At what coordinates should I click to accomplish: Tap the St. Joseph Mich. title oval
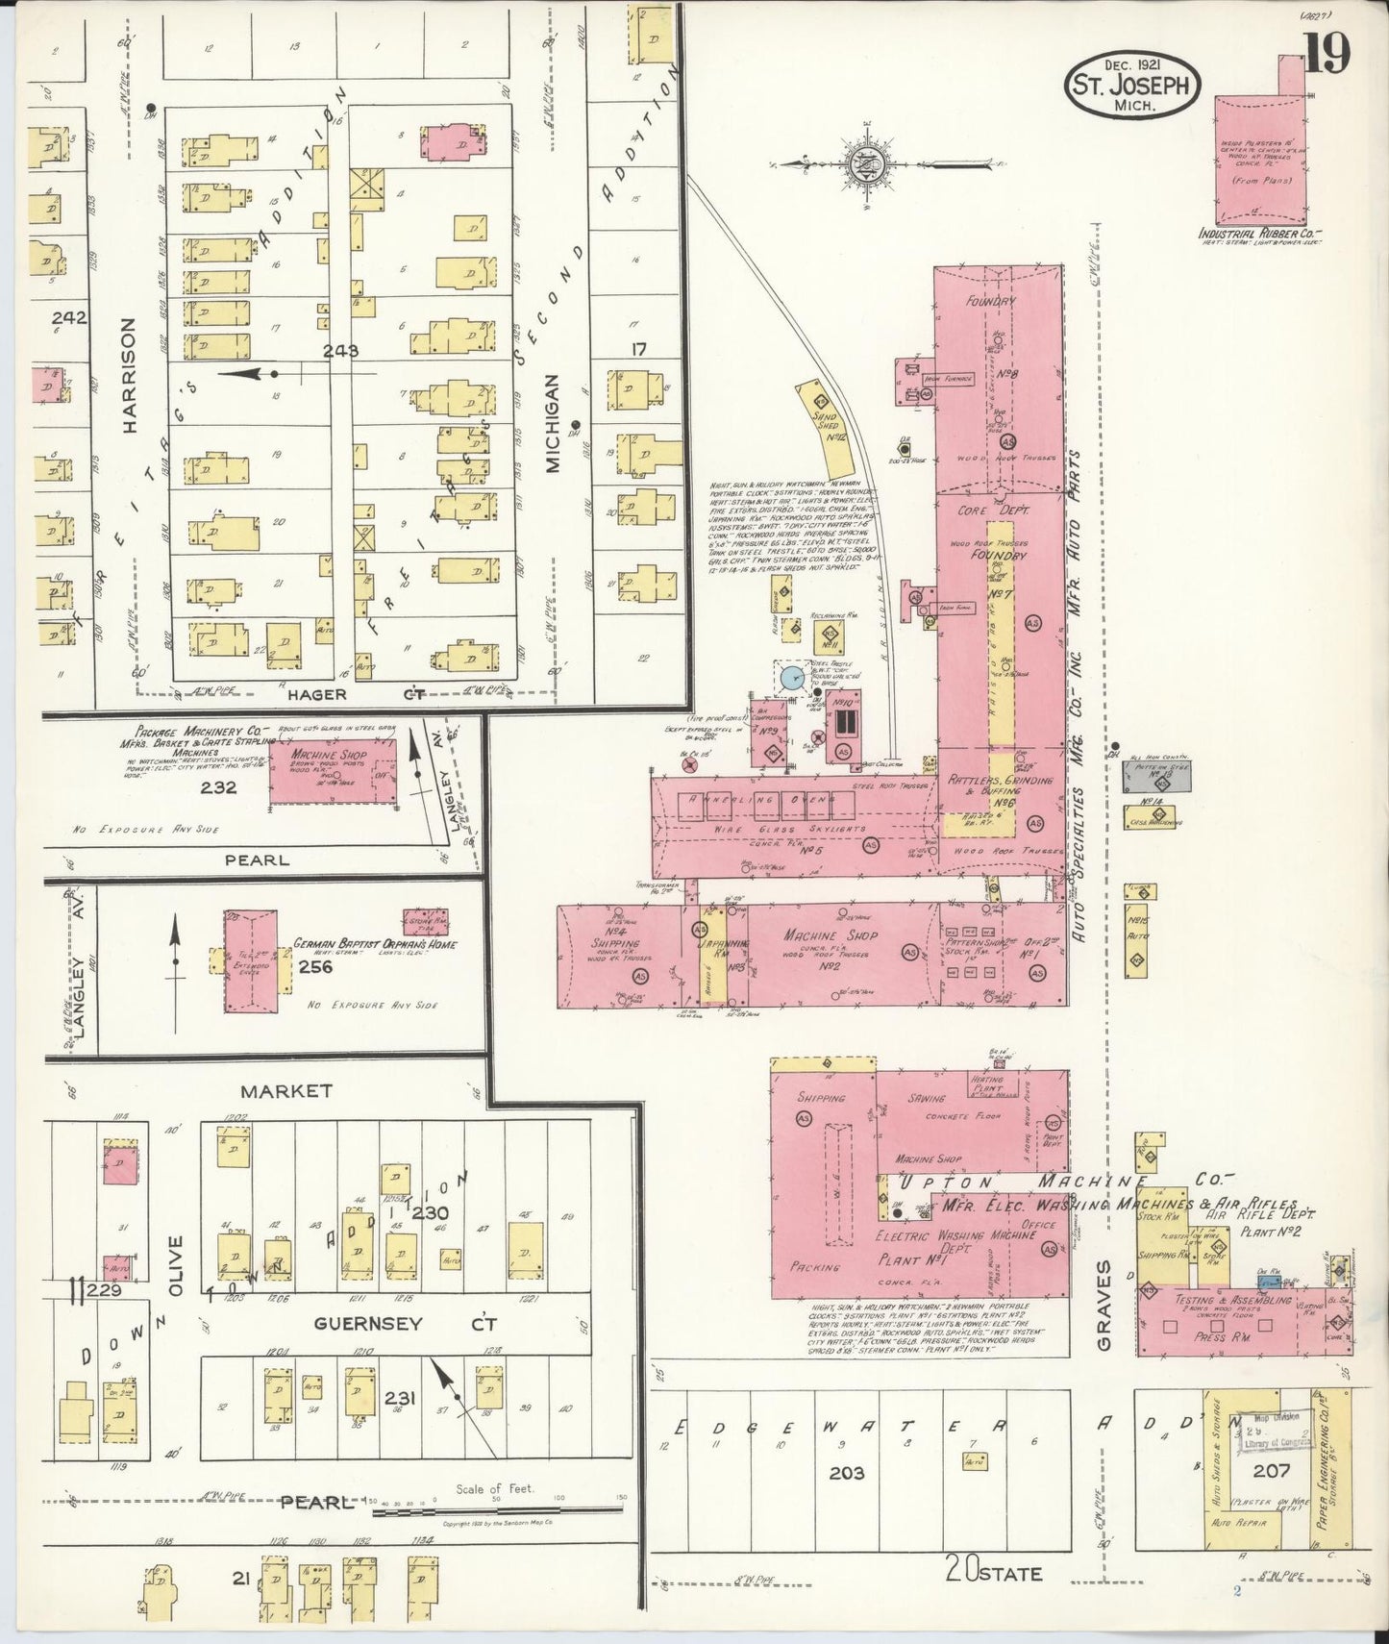(1130, 84)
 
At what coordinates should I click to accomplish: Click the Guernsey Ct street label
(394, 1324)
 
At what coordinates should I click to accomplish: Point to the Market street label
(286, 1090)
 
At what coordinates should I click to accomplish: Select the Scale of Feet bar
(497, 1511)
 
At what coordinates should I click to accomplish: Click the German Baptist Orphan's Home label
(375, 944)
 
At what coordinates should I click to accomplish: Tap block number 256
(315, 966)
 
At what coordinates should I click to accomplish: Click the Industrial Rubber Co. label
(1260, 234)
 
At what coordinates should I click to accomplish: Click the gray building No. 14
(1158, 777)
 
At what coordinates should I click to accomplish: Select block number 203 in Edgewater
(847, 1473)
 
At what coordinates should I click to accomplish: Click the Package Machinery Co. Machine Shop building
(332, 775)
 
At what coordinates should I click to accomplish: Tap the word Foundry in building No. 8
(990, 301)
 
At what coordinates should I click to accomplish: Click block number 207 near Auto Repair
(1271, 1470)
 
